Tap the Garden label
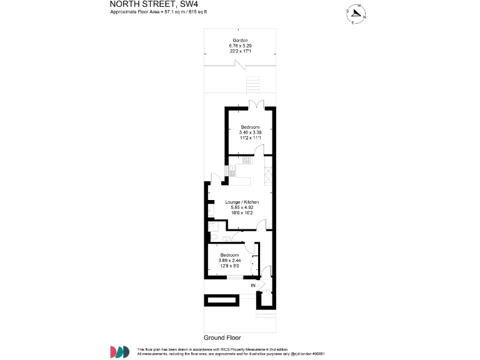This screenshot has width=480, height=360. [x=240, y=41]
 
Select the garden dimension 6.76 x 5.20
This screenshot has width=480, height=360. [x=240, y=46]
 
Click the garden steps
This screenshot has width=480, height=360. [x=252, y=84]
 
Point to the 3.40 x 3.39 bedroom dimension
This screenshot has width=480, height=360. [x=249, y=132]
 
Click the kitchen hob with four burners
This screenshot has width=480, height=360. [x=246, y=161]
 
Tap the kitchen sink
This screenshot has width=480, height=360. [x=231, y=169]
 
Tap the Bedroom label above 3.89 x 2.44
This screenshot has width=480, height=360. [x=229, y=255]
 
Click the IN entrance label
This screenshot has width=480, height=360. [x=253, y=286]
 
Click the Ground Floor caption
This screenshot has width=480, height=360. [x=222, y=337]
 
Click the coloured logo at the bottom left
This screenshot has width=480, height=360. [x=119, y=351]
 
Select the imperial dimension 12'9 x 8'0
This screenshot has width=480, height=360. [x=229, y=266]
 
